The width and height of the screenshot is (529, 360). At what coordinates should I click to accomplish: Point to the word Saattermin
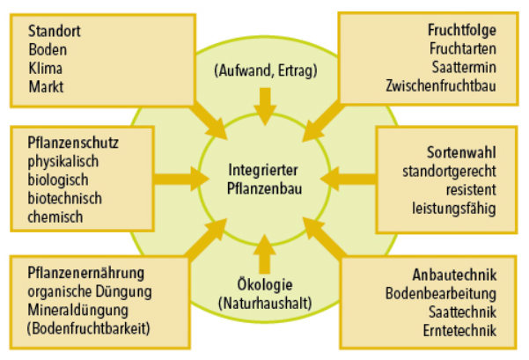(x=464, y=67)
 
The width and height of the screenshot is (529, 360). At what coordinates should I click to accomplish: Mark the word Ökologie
(x=264, y=283)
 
